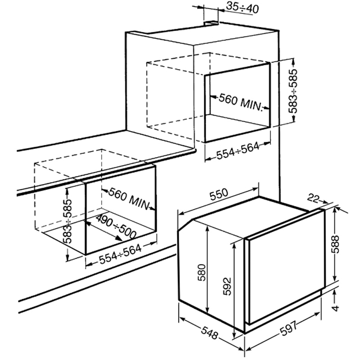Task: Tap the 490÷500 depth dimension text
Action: click(x=116, y=227)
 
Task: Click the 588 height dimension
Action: click(x=336, y=244)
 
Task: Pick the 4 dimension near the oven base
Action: click(x=335, y=308)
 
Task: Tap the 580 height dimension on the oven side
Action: click(x=202, y=273)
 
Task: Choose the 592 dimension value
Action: click(x=227, y=286)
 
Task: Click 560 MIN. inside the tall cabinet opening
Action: click(x=240, y=102)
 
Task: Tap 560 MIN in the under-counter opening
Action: click(x=129, y=199)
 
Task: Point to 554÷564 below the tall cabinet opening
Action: click(x=238, y=151)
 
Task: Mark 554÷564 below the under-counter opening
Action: click(x=121, y=255)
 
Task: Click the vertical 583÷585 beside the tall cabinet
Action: click(x=293, y=91)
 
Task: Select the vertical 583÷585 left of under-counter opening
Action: click(x=67, y=221)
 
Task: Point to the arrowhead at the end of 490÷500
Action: click(x=119, y=238)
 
